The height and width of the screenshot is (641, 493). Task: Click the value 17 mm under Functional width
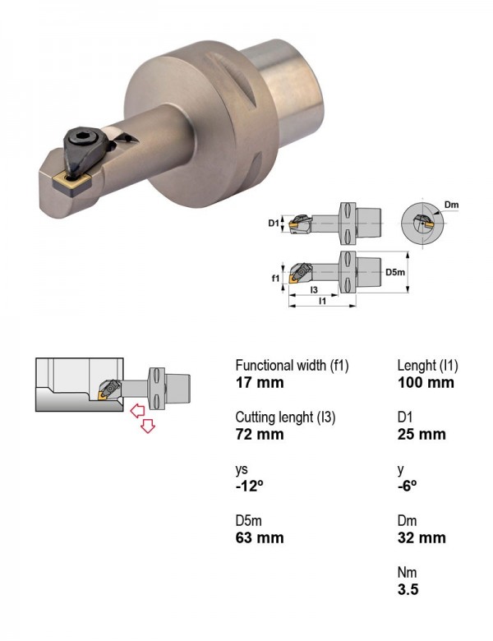pos(260,383)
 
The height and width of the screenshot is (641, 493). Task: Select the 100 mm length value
pos(426,383)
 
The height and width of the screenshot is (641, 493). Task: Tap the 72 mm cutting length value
pos(260,434)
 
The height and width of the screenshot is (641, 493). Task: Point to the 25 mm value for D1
pos(422,434)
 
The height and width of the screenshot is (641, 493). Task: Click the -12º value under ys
pos(249,486)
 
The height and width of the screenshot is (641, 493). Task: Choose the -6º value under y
pos(408,486)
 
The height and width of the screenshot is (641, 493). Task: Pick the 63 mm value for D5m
pos(260,537)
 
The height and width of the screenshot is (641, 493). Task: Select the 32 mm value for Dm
pos(422,537)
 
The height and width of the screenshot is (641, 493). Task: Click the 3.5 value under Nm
pos(408,589)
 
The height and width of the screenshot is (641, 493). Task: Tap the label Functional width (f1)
pos(292,365)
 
